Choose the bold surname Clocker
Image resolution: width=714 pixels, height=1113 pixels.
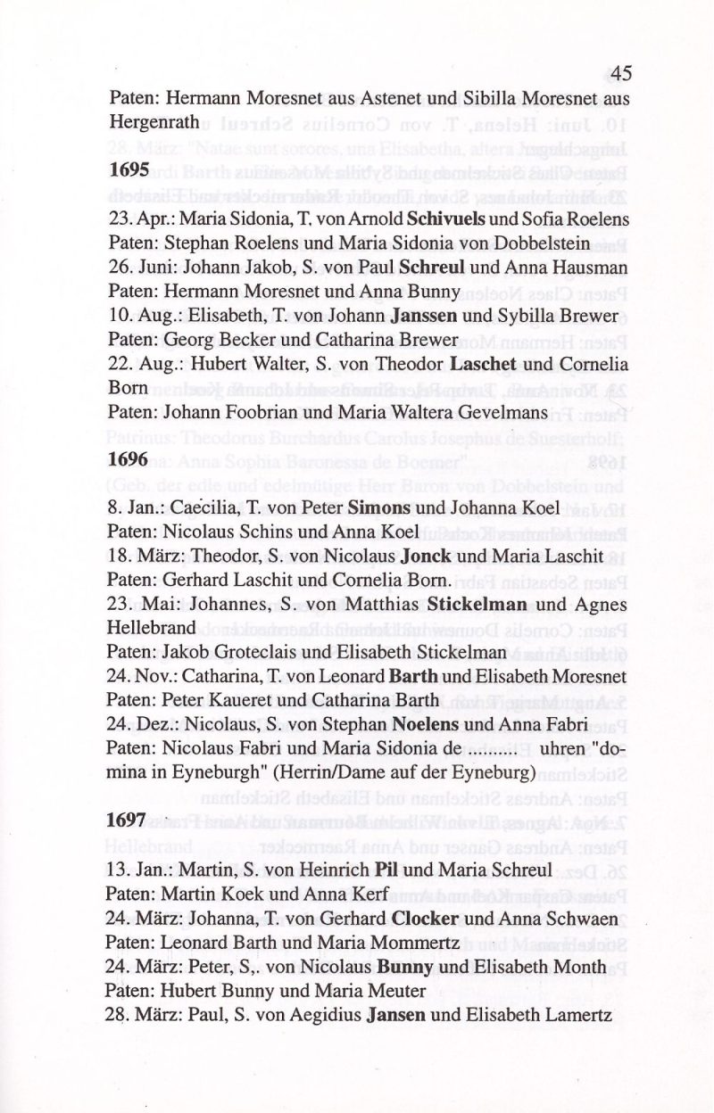pyautogui.click(x=423, y=916)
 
